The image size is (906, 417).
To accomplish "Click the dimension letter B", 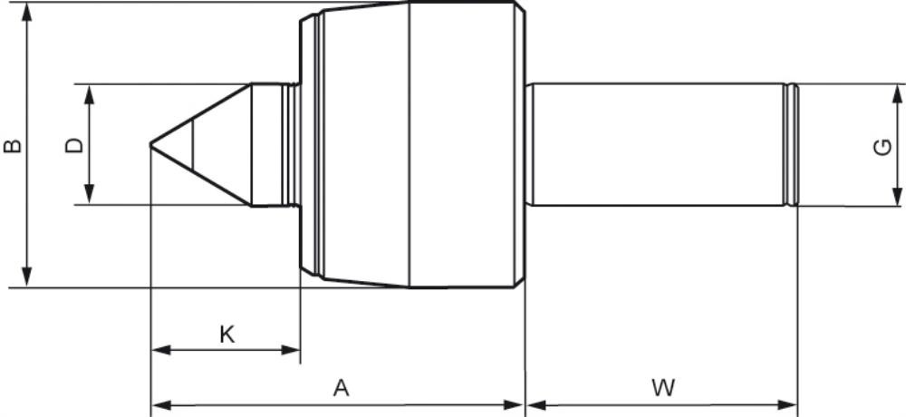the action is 13,145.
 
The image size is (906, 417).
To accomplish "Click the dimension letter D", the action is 74,145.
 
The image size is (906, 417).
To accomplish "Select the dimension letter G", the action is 882,148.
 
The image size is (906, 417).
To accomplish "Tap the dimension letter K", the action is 227,335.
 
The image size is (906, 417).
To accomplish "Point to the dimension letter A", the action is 342,387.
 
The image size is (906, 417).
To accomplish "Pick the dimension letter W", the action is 663,387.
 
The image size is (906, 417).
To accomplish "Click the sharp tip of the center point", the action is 150,144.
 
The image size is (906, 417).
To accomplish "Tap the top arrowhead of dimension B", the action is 26,12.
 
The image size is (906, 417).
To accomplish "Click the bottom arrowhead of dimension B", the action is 26,277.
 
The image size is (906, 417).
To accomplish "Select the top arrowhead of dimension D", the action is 89,94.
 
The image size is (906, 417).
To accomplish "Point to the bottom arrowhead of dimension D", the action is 89,194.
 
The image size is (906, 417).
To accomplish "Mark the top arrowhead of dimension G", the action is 897,94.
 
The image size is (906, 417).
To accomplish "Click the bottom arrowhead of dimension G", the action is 897,196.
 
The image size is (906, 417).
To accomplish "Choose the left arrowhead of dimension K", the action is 161,350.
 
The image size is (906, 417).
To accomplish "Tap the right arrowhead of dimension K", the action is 290,350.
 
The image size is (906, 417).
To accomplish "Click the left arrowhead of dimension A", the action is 161,404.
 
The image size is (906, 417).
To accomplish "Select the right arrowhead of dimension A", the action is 513,404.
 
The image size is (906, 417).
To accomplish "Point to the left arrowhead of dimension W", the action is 536,404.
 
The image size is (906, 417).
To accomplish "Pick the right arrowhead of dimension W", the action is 787,404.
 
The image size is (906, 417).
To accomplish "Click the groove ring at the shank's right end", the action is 792,145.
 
